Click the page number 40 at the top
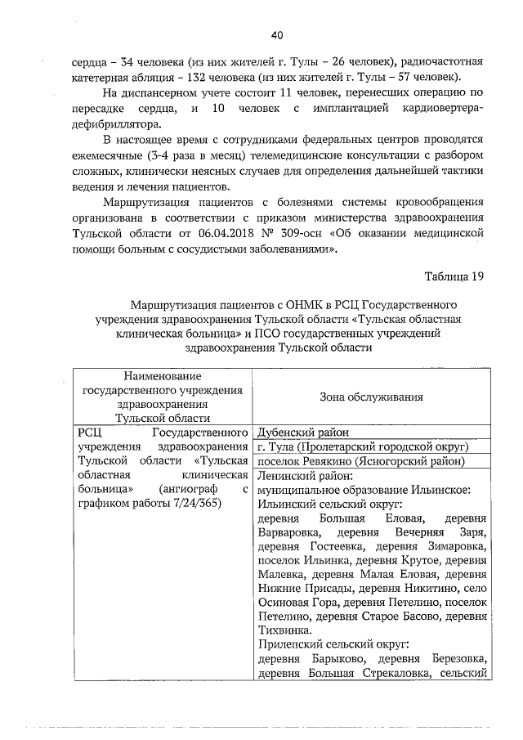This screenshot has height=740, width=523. [x=276, y=34]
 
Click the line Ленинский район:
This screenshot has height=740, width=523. [x=304, y=476]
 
